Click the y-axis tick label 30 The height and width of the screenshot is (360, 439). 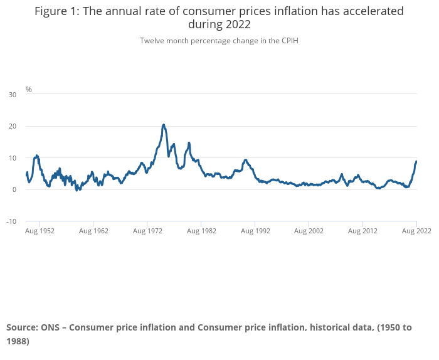tap(13, 95)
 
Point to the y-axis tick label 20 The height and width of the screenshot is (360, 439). tap(13, 126)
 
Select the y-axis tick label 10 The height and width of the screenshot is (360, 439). tap(13, 158)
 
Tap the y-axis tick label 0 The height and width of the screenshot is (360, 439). tap(14, 190)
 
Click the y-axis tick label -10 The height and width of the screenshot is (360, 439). tap(11, 221)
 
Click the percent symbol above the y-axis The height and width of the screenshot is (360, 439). tap(29, 90)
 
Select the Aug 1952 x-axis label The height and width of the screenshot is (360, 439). tap(40, 231)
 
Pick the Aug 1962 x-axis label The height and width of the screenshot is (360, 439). tap(93, 231)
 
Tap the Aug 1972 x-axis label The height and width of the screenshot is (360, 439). tap(147, 231)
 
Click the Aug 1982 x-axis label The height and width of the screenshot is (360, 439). tap(201, 231)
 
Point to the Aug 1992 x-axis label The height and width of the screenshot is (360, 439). tap(255, 231)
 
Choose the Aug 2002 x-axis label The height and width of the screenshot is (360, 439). tap(309, 231)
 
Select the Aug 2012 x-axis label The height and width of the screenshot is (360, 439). tap(363, 231)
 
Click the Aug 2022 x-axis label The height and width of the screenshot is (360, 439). tap(416, 231)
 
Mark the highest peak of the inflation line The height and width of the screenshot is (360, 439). tap(164, 125)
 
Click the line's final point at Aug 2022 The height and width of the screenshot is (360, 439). tap(416, 161)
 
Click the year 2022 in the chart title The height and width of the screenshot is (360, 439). tap(238, 25)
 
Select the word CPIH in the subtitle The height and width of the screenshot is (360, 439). tap(289, 41)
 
